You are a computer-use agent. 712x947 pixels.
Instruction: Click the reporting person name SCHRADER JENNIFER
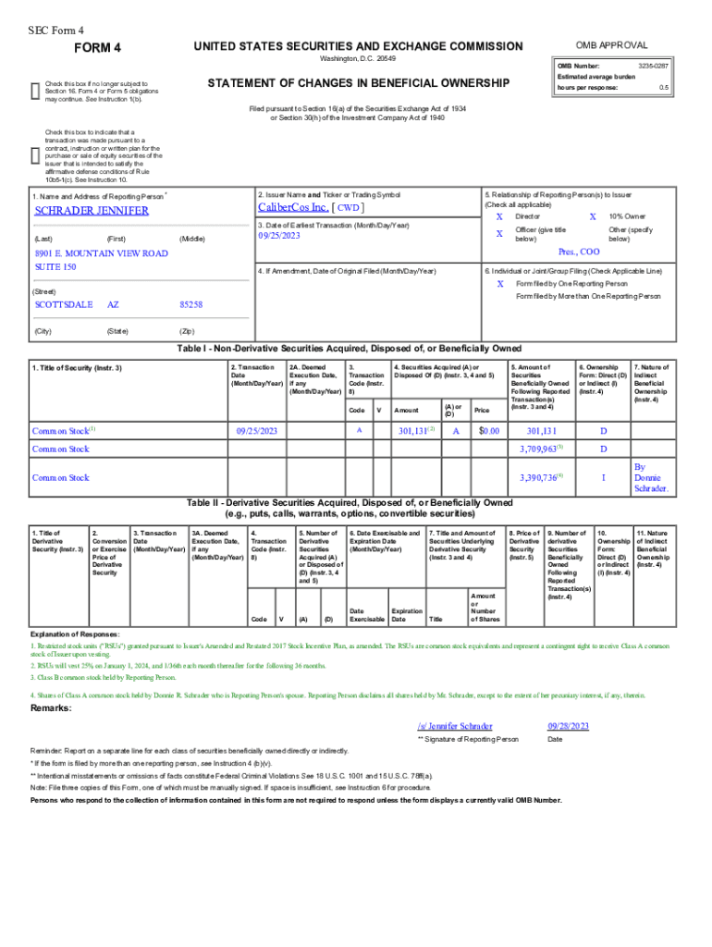[92, 211]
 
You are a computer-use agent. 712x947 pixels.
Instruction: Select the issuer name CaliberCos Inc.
[295, 207]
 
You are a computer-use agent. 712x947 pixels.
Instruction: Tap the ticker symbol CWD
[349, 208]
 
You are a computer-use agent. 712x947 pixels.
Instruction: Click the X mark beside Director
[499, 215]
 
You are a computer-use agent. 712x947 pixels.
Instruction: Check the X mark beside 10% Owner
[593, 215]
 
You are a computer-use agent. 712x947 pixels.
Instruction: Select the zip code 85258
[190, 304]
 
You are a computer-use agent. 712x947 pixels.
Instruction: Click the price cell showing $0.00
[488, 431]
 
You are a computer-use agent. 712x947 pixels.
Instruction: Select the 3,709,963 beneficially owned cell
[539, 449]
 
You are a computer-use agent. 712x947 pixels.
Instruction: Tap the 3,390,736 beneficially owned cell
[539, 477]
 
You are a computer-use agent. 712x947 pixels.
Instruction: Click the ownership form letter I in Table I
[603, 477]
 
